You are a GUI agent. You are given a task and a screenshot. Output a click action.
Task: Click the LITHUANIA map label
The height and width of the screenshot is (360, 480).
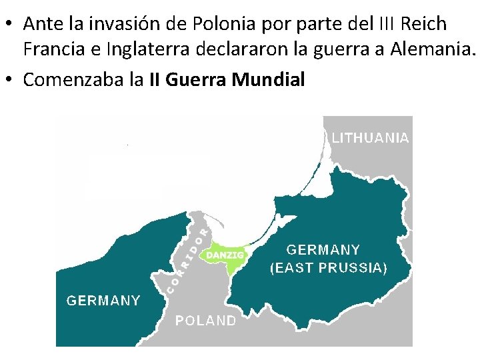(370, 138)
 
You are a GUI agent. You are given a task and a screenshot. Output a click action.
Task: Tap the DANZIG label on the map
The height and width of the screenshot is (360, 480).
(225, 255)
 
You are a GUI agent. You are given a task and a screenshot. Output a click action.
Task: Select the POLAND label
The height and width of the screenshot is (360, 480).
(205, 321)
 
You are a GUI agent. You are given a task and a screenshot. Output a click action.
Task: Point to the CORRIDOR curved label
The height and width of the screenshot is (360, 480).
(187, 260)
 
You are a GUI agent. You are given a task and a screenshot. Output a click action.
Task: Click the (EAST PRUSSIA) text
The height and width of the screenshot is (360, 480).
(328, 268)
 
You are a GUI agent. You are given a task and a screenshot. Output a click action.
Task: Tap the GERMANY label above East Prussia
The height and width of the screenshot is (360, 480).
(323, 250)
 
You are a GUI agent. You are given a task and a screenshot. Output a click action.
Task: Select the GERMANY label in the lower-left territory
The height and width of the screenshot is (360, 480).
(103, 300)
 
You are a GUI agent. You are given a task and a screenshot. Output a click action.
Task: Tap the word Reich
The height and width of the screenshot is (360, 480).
(425, 24)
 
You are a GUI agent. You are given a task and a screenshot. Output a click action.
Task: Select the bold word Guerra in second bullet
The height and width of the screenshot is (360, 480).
(196, 80)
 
